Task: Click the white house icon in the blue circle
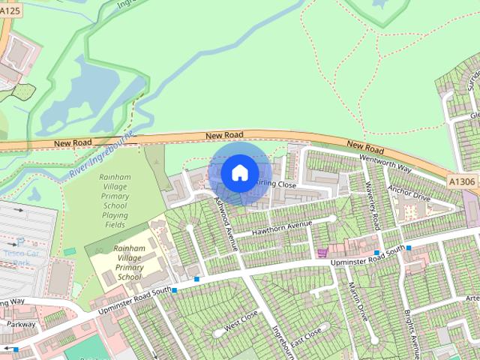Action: (x=239, y=172)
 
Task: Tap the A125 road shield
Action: (x=10, y=10)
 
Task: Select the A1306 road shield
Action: (x=460, y=181)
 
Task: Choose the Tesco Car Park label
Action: (x=20, y=257)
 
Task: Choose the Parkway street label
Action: (x=21, y=324)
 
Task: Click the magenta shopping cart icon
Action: (x=323, y=253)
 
